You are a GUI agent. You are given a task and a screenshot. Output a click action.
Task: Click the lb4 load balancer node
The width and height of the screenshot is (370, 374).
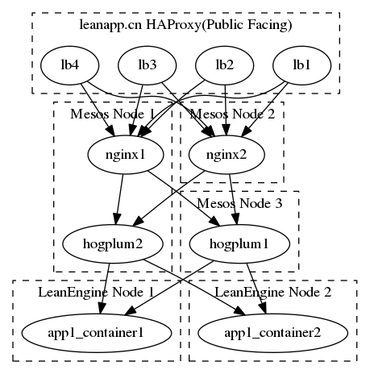[65, 64]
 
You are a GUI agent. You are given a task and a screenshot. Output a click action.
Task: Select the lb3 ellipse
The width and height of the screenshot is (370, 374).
[147, 64]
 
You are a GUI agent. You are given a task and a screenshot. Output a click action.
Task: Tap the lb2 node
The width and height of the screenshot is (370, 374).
[223, 64]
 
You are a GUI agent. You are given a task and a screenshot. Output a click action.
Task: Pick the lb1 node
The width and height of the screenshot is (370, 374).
[301, 64]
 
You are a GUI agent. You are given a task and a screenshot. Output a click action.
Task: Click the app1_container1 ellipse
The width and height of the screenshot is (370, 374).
[96, 331]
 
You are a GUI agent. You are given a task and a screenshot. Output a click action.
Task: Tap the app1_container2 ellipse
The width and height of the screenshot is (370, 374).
[272, 331]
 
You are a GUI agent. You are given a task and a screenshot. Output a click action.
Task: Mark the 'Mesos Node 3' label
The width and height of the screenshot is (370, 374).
[239, 203]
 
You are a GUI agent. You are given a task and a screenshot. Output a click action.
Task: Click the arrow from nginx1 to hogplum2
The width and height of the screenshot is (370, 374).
[117, 197]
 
